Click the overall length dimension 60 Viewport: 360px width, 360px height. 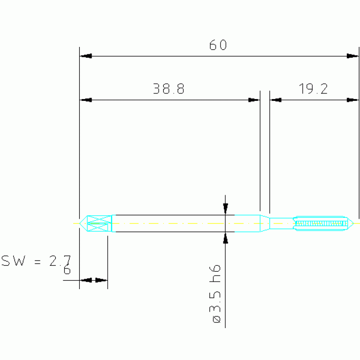tap(218, 46)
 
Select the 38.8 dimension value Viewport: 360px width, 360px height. tap(169, 89)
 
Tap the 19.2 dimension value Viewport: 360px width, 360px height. tap(314, 89)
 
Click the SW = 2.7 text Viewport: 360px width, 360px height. tap(36, 261)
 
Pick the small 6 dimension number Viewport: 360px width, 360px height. tap(67, 271)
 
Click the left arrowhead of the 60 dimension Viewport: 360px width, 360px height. tap(85, 56)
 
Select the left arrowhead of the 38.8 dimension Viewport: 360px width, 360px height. tap(85, 100)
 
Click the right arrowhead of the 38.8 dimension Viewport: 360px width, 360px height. tap(254, 100)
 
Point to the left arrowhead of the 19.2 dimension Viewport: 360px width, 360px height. tap(276, 100)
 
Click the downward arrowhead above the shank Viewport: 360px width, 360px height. tap(226, 208)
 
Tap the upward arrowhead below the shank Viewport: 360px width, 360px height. tap(226, 238)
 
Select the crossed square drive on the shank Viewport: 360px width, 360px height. tap(99, 223)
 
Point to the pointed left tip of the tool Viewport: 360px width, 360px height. tap(80, 223)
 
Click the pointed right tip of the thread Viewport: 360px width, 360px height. tap(352, 223)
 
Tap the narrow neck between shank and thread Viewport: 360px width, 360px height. tap(281, 223)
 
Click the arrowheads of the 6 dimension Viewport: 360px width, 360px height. tap(93, 280)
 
